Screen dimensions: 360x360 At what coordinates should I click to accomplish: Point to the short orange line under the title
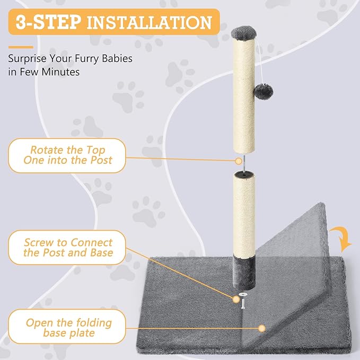pos(20,47)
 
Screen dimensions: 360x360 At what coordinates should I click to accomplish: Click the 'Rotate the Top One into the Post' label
pos(68,155)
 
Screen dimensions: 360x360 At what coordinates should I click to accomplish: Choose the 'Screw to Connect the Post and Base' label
pos(68,247)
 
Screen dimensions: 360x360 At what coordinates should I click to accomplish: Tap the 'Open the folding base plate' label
pos(68,328)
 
